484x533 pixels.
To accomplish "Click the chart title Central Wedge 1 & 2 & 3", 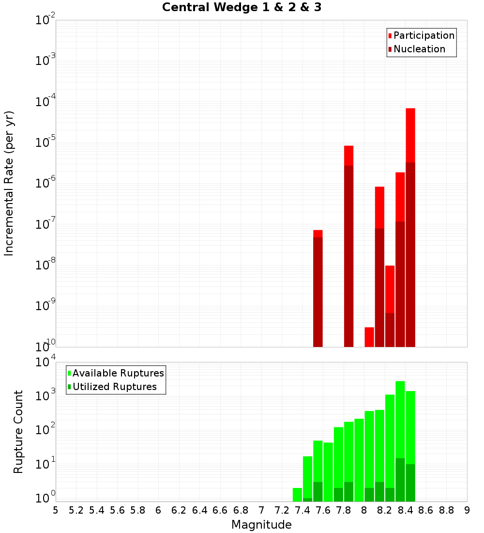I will point(242,8).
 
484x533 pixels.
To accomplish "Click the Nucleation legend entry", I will point(419,49).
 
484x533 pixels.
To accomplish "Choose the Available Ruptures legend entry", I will point(118,373).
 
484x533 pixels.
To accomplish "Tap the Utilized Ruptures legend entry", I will point(114,387).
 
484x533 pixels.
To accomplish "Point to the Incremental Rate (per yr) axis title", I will point(9,183).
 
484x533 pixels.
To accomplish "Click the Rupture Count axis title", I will point(18,432).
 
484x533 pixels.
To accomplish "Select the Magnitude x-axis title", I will point(261,525).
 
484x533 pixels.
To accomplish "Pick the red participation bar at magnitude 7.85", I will point(349,156).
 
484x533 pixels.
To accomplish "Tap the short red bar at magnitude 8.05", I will point(369,337).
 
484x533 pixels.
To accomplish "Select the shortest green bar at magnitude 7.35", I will point(297,494).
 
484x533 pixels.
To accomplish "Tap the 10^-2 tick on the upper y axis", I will point(45,20).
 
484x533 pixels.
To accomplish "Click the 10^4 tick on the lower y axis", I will point(45,362).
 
